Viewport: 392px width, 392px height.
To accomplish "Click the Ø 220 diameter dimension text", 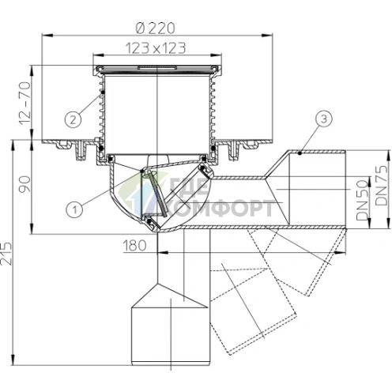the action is [x=155, y=28].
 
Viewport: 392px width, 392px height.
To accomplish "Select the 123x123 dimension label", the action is [x=156, y=48].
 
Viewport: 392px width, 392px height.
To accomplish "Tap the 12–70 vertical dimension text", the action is [x=25, y=104].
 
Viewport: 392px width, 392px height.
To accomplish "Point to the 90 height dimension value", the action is [x=25, y=184].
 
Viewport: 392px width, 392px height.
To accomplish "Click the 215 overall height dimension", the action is [x=6, y=254].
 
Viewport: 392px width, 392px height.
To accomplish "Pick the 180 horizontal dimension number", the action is [x=134, y=246].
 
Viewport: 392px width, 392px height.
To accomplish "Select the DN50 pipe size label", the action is [x=363, y=200].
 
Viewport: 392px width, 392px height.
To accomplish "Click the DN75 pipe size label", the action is [x=382, y=186].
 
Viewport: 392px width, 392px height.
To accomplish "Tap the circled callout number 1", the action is [x=74, y=210].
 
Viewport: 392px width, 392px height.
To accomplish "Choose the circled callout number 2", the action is [x=73, y=120].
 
